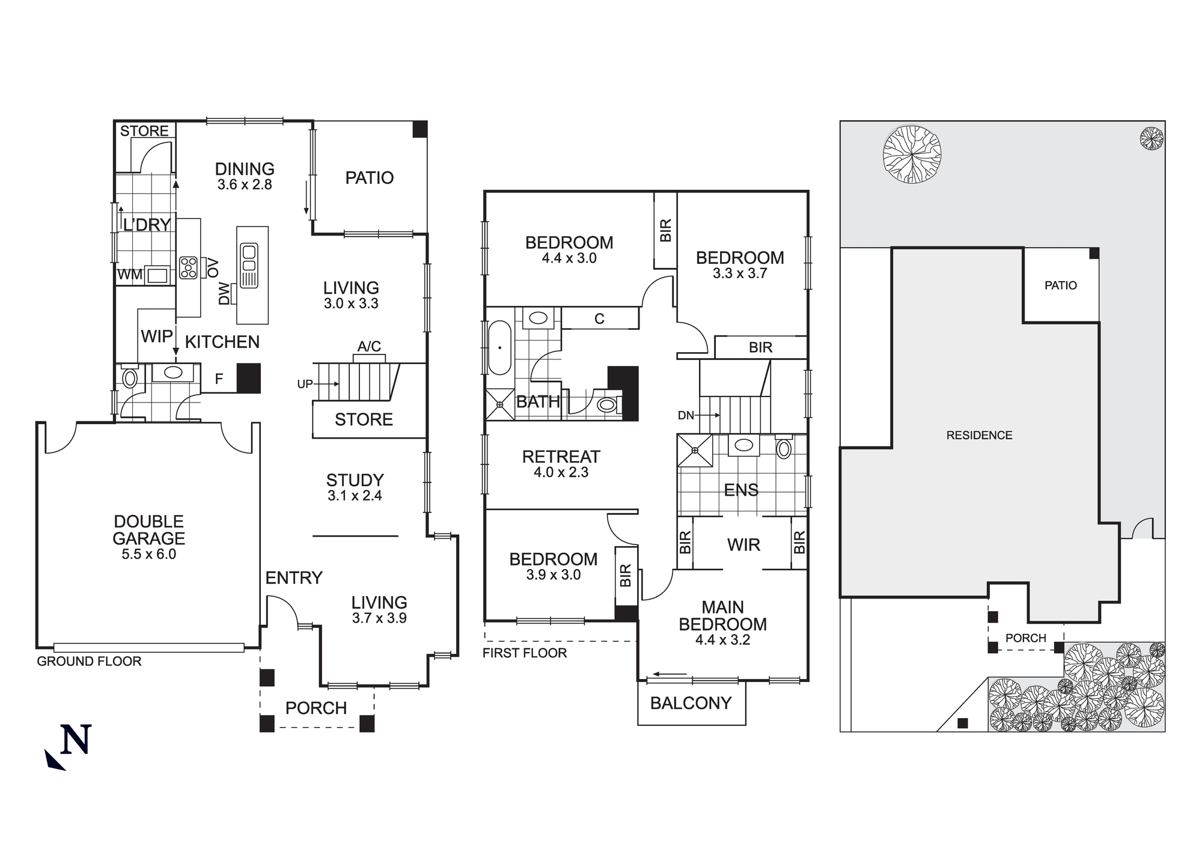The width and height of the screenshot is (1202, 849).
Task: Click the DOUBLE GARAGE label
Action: pyautogui.click(x=148, y=530)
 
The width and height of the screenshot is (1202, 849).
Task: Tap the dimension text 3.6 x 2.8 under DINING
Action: pyautogui.click(x=245, y=185)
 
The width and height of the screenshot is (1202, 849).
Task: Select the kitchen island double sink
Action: pyautogui.click(x=249, y=265)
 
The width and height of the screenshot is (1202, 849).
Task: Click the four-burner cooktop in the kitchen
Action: pyautogui.click(x=188, y=267)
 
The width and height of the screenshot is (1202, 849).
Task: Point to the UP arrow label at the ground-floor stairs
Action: pyautogui.click(x=305, y=384)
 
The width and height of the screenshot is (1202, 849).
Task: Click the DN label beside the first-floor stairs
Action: pyautogui.click(x=686, y=415)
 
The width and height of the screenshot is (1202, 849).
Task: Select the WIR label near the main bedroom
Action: pyautogui.click(x=743, y=545)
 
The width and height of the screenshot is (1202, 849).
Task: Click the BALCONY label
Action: pyautogui.click(x=691, y=703)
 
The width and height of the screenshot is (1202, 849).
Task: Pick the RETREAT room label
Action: pyautogui.click(x=561, y=457)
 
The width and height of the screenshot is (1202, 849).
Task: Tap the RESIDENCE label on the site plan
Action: pyautogui.click(x=979, y=435)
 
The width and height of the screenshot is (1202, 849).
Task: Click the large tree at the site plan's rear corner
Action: pyautogui.click(x=912, y=154)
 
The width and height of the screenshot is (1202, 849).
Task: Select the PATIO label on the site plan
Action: pyautogui.click(x=1060, y=285)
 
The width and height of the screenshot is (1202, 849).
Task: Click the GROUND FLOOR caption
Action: pyautogui.click(x=89, y=662)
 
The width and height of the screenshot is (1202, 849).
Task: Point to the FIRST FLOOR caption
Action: pyautogui.click(x=524, y=653)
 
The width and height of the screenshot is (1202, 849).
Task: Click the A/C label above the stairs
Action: pyautogui.click(x=369, y=347)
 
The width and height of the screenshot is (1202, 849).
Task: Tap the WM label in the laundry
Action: pyautogui.click(x=129, y=275)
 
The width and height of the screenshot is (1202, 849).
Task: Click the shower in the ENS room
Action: pyautogui.click(x=695, y=450)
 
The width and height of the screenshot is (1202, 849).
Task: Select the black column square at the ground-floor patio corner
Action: pyautogui.click(x=419, y=129)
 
